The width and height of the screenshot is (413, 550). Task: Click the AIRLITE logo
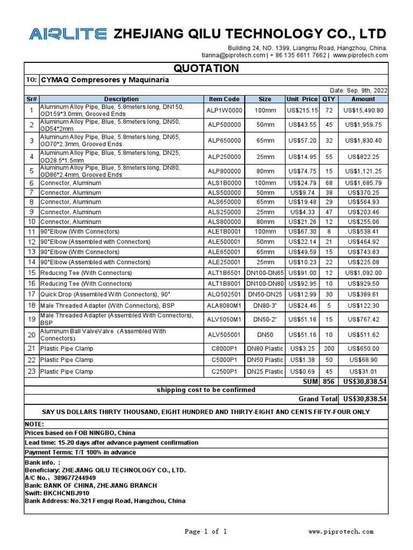(x=67, y=34)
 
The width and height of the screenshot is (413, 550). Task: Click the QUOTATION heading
(x=206, y=68)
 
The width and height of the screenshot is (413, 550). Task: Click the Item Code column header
(x=224, y=99)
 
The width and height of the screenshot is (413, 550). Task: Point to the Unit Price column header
(x=302, y=99)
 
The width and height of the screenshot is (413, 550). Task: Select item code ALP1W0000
(x=224, y=110)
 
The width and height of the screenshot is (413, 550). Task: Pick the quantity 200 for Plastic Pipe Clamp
(x=328, y=349)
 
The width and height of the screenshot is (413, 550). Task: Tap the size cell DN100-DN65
(x=265, y=273)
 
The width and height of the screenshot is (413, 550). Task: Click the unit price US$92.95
(x=303, y=283)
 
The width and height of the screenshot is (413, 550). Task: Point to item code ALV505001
(x=224, y=335)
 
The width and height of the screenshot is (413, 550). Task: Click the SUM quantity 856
(x=328, y=381)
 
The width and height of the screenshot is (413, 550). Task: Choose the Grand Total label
(x=318, y=399)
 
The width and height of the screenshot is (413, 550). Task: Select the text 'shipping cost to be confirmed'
(x=206, y=389)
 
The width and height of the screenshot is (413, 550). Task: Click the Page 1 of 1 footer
(x=206, y=532)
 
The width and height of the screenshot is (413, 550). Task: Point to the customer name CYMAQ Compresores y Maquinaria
(x=105, y=79)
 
